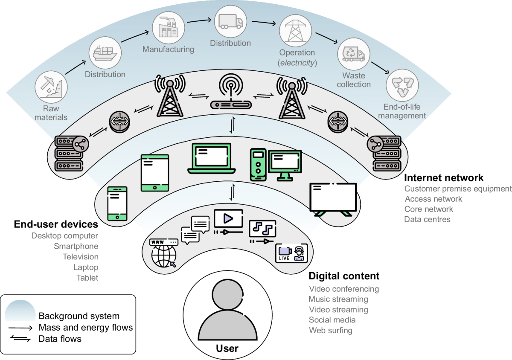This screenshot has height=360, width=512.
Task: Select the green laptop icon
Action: [x=211, y=159]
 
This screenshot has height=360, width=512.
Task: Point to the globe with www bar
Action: [x=164, y=253]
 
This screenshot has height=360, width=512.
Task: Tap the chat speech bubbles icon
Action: [x=196, y=229]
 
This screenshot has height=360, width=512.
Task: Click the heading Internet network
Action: [x=444, y=177]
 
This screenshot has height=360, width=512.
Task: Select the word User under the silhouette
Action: [x=227, y=348]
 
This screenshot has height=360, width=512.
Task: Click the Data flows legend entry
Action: [x=60, y=339]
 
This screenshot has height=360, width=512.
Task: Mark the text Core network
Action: [x=428, y=209]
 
